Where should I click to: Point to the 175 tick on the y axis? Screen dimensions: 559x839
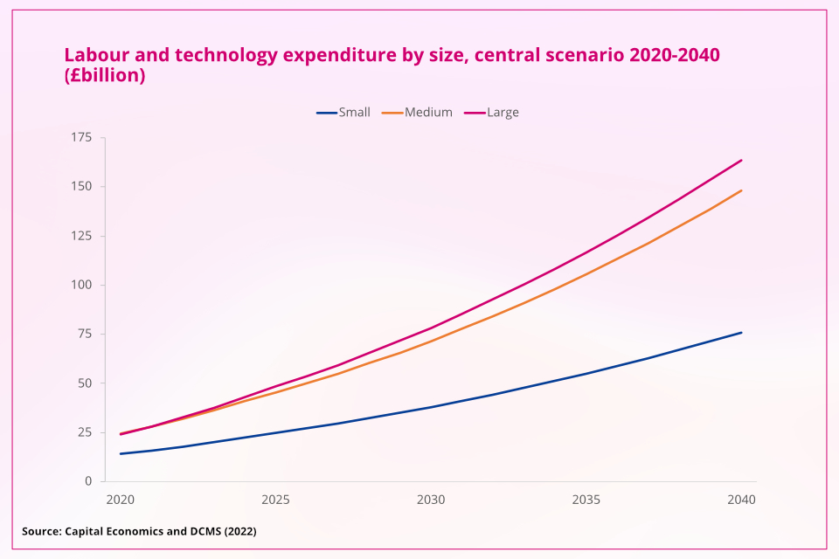[x=82, y=137]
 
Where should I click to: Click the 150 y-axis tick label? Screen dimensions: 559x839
[x=82, y=187]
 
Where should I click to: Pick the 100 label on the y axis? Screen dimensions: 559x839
[x=82, y=285]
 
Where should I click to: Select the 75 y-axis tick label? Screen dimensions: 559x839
[x=85, y=334]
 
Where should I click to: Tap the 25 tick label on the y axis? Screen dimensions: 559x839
[x=85, y=432]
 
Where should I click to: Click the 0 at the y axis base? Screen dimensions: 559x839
[x=88, y=481]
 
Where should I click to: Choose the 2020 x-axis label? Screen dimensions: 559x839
[x=120, y=500]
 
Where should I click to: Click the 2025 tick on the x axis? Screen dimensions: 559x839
[x=275, y=500]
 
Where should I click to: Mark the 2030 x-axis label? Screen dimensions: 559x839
[x=431, y=500]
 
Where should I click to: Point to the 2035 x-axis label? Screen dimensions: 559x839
[x=586, y=500]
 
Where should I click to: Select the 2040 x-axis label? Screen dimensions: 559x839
[x=741, y=500]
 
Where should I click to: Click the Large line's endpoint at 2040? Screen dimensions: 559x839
[x=742, y=160]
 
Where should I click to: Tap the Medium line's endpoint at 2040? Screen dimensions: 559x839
[x=742, y=190]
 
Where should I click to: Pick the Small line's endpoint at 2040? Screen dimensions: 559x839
[x=742, y=332]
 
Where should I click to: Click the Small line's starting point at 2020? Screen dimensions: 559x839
[x=121, y=453]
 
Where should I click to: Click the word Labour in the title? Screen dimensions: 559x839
[x=94, y=55]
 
